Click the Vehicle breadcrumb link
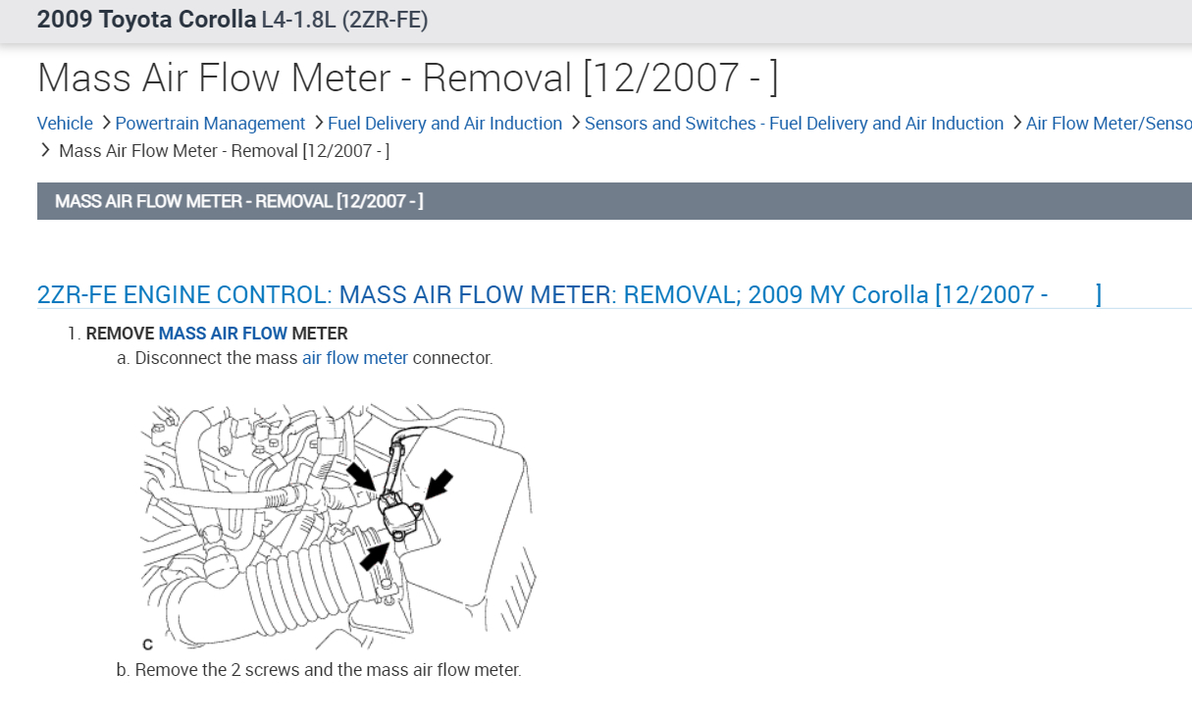coord(65,124)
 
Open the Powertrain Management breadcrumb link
coord(210,124)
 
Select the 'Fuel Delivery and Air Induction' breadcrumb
coord(444,124)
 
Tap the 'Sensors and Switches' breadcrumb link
coord(794,124)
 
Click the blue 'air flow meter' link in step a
coord(355,358)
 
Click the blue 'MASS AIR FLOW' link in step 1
coord(223,334)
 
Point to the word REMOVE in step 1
coord(120,334)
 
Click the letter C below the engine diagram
coord(147,645)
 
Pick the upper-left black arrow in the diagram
coord(361,475)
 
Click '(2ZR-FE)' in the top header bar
coord(385,21)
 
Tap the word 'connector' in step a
coord(452,358)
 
